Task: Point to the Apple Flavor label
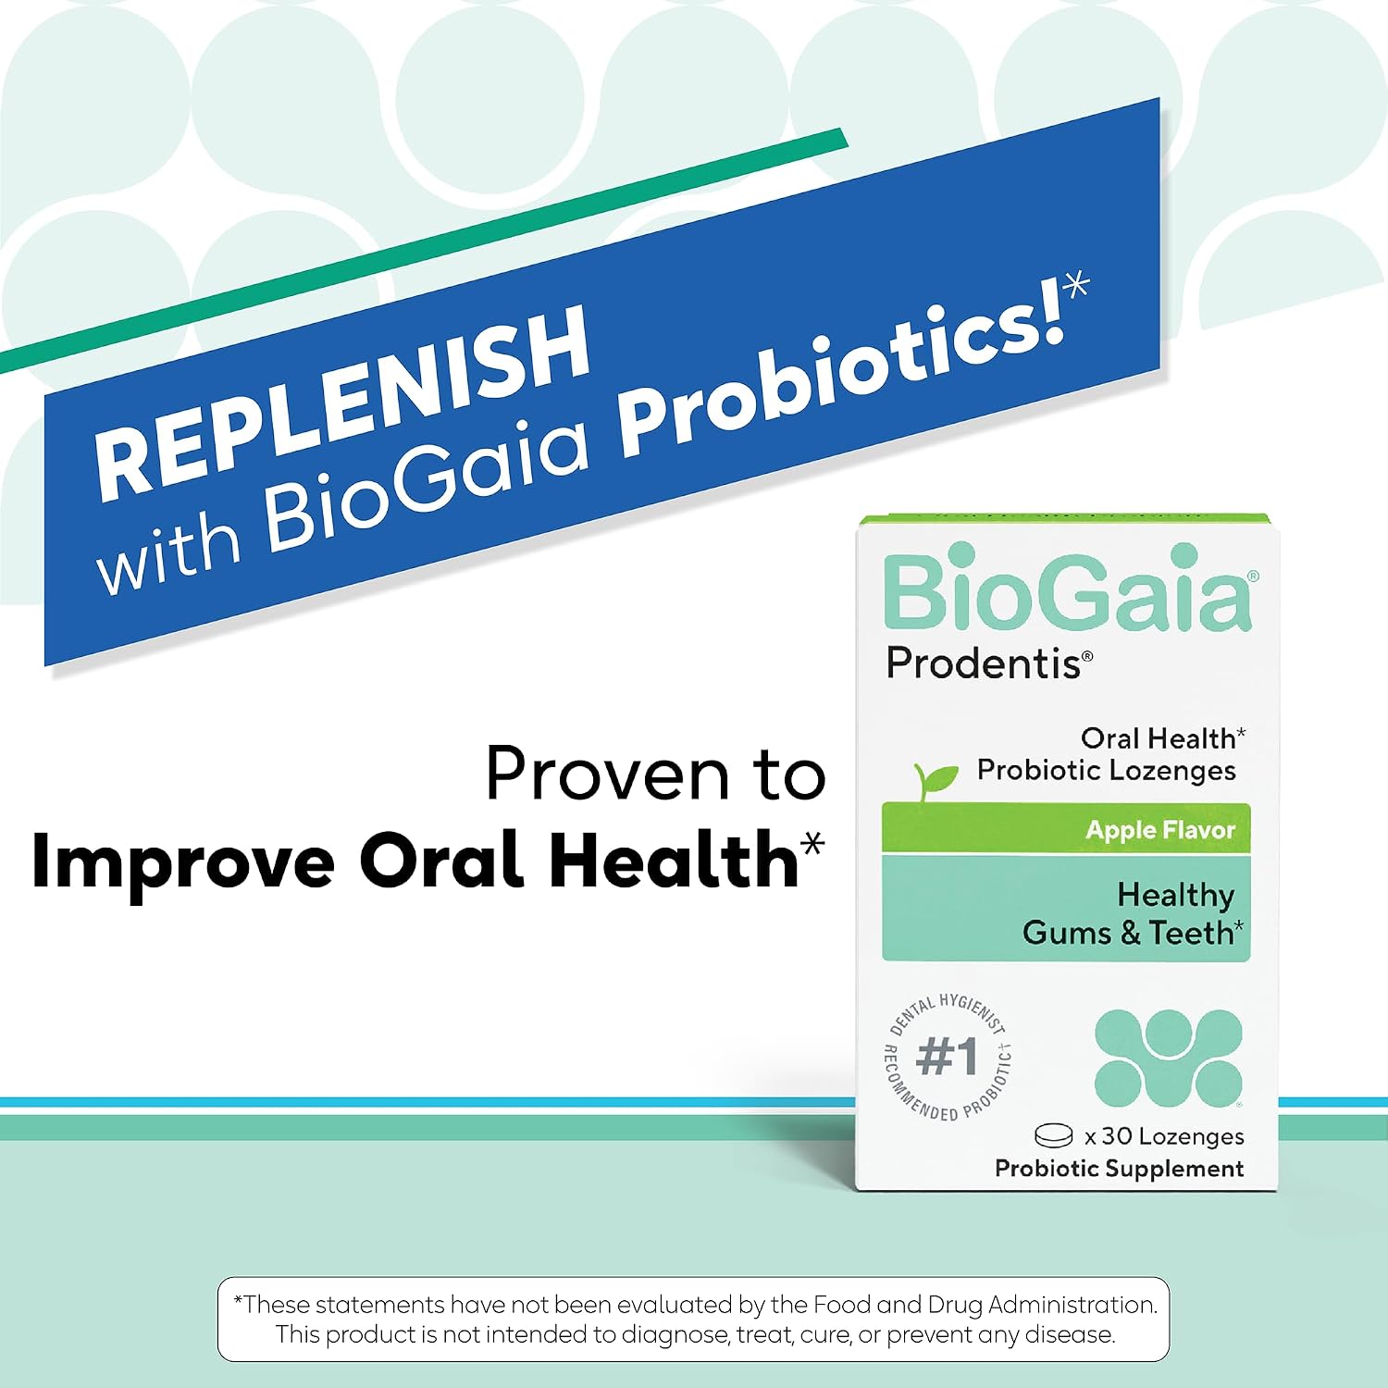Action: (x=1160, y=830)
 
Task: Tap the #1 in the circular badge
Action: (x=947, y=1056)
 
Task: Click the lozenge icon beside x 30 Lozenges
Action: (x=1053, y=1135)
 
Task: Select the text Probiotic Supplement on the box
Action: (x=1119, y=1169)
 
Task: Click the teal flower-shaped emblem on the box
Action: (x=1168, y=1058)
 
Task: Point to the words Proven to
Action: (x=655, y=774)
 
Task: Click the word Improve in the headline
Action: (x=183, y=861)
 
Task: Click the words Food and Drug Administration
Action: (x=985, y=1305)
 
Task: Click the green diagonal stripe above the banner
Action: (x=424, y=251)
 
